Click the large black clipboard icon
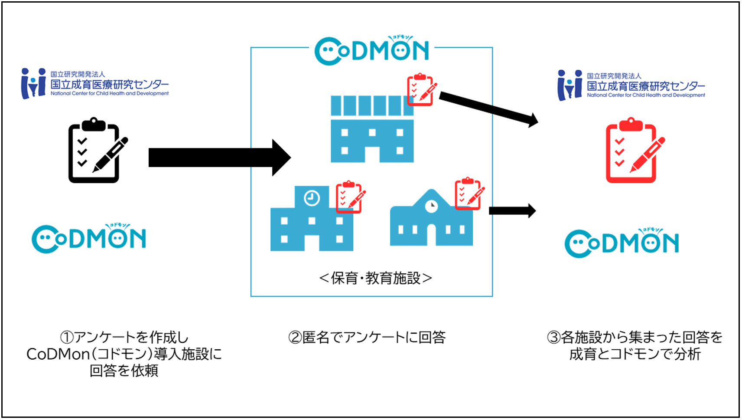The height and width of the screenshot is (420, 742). [x=96, y=150]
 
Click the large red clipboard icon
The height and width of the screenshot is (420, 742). [x=633, y=150]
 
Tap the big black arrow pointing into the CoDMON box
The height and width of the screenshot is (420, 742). [x=219, y=157]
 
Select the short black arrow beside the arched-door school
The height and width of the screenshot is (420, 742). [x=512, y=211]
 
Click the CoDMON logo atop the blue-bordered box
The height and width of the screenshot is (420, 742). [x=372, y=51]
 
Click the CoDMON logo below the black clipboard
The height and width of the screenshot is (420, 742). [x=89, y=238]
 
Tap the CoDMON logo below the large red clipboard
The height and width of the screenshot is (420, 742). [x=622, y=243]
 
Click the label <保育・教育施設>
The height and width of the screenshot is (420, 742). [x=375, y=278]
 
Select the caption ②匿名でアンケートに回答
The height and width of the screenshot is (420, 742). [x=367, y=337]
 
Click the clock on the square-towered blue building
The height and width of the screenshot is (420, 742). [x=312, y=198]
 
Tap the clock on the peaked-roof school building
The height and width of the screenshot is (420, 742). [x=431, y=206]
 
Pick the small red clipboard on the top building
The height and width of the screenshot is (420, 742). [x=421, y=90]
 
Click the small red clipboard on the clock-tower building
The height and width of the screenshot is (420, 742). [x=350, y=197]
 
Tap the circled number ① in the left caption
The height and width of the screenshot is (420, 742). [x=67, y=338]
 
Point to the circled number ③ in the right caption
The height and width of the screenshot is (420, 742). [x=553, y=338]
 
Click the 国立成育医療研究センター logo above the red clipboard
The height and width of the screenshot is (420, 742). [x=631, y=85]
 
